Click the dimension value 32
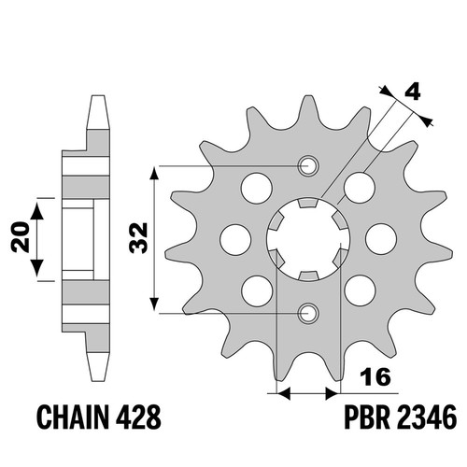pyautogui.click(x=138, y=238)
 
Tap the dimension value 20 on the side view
pyautogui.click(x=20, y=236)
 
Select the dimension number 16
pyautogui.click(x=375, y=376)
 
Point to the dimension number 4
pyautogui.click(x=412, y=92)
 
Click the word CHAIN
pyautogui.click(x=73, y=417)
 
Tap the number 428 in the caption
pyautogui.click(x=138, y=417)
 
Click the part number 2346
pyautogui.click(x=427, y=417)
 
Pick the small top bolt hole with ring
pyautogui.click(x=308, y=165)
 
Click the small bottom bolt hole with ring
pyautogui.click(x=308, y=313)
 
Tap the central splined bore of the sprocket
pyautogui.click(x=308, y=239)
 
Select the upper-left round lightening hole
pyautogui.click(x=257, y=189)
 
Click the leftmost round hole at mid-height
pyautogui.click(x=235, y=239)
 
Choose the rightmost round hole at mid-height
pyautogui.click(x=381, y=239)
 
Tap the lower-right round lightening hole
pyautogui.click(x=360, y=290)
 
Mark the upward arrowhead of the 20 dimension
pyautogui.click(x=37, y=211)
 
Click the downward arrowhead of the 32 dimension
pyautogui.click(x=154, y=304)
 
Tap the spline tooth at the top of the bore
pyautogui.click(x=308, y=203)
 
